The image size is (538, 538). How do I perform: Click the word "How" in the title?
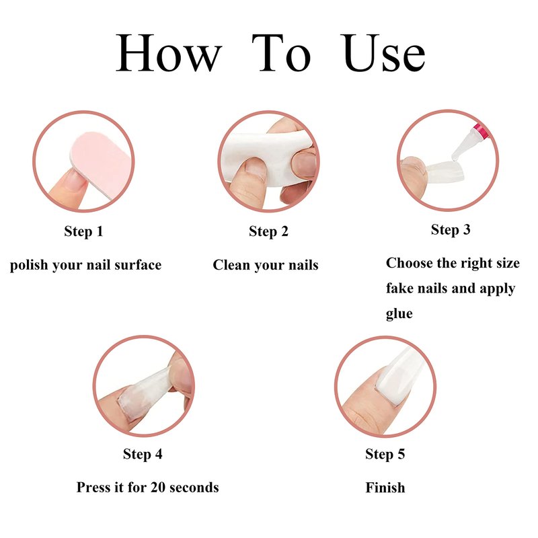pos(169,52)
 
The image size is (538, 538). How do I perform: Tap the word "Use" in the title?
pos(383,52)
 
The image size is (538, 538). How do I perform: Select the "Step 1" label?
pos(83,231)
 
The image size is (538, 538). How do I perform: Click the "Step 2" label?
pos(268,231)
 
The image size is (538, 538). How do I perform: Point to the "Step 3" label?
pos(451,229)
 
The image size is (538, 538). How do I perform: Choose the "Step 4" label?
pos(143,454)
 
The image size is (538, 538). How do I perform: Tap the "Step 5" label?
pos(385,454)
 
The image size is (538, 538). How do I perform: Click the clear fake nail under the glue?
pos(445,171)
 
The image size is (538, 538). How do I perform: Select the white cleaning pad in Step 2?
pos(268,158)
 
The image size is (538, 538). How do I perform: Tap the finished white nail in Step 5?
pos(401,374)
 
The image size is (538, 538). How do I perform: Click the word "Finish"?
pos(385,488)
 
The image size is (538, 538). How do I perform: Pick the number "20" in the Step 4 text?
pos(158,488)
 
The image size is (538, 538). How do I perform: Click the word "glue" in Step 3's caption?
pos(399,313)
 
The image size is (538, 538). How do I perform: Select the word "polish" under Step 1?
pos(29,265)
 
